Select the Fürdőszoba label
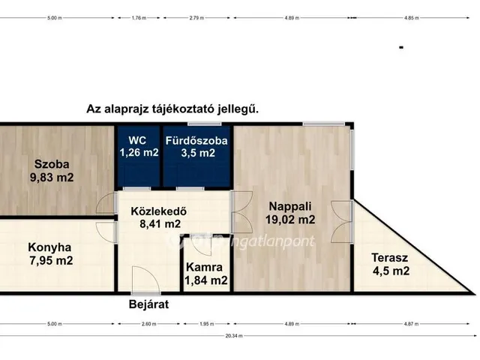tap(196, 140)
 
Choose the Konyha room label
tap(49, 247)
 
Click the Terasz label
tap(390, 257)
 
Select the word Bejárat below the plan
tap(148, 304)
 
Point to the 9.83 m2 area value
tap(51, 178)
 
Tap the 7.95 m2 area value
tap(49, 261)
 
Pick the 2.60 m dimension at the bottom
tap(148, 324)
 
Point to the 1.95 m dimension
tap(204, 324)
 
